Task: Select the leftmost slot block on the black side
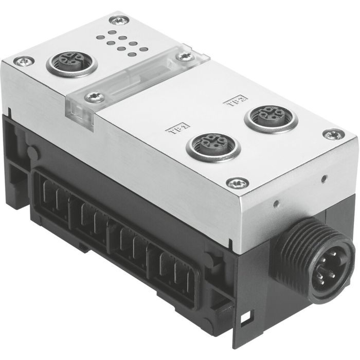[53, 199]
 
